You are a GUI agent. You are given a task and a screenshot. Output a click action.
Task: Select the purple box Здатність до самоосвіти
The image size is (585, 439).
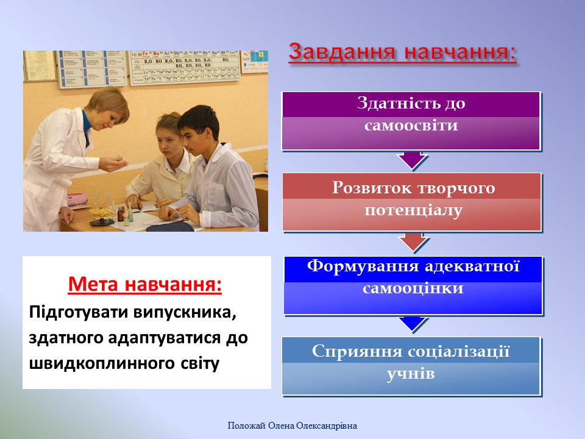pyautogui.click(x=411, y=121)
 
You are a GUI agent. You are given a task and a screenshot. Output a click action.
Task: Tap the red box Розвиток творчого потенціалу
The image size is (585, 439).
pyautogui.click(x=411, y=202)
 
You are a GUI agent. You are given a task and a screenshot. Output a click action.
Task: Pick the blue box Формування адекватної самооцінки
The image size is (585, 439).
pyautogui.click(x=413, y=285)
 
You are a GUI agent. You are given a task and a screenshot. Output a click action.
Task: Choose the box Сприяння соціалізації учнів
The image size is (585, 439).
pyautogui.click(x=411, y=365)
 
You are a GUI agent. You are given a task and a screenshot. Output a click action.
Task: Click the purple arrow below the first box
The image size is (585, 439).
pyautogui.click(x=411, y=160)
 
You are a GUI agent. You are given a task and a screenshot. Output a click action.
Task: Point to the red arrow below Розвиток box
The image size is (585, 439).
pyautogui.click(x=413, y=242)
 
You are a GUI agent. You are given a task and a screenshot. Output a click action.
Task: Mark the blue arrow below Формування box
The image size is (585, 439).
pyautogui.click(x=413, y=323)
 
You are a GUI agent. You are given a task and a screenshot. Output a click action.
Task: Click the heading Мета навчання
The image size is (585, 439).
pyautogui.click(x=144, y=284)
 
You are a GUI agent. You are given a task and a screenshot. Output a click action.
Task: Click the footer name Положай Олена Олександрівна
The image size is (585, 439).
pyautogui.click(x=292, y=426)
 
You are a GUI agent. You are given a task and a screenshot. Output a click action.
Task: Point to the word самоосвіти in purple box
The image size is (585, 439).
pyautogui.click(x=411, y=126)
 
